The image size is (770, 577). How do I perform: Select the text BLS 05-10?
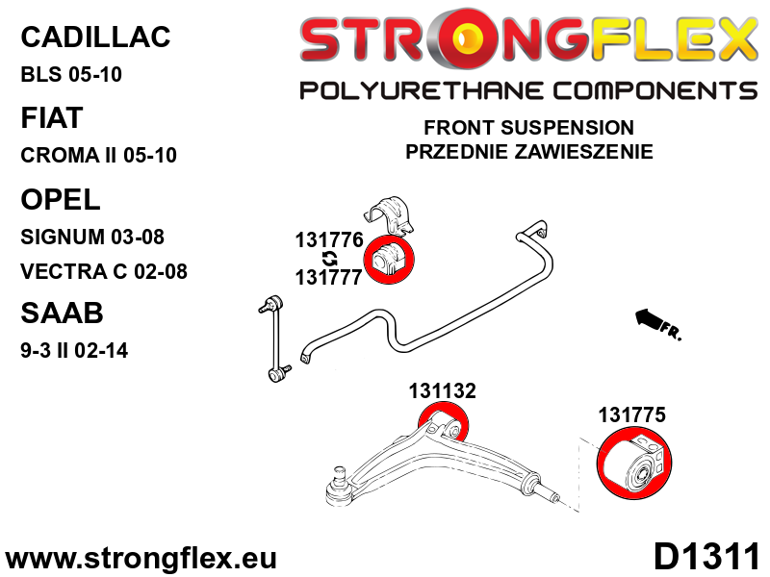click(71, 75)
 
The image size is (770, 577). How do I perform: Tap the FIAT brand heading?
click(51, 117)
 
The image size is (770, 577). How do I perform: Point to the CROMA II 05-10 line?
click(98, 156)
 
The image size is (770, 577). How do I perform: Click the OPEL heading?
click(60, 199)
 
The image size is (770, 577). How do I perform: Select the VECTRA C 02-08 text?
click(103, 271)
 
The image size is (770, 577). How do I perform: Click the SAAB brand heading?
click(61, 314)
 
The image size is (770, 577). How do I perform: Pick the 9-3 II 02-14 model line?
click(73, 350)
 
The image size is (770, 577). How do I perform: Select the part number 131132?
click(442, 391)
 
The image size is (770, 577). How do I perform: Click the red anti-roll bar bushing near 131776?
click(389, 259)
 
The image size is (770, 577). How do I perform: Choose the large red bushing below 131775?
click(636, 466)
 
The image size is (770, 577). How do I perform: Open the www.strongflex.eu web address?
click(141, 558)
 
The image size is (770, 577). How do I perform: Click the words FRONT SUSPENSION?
click(528, 128)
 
